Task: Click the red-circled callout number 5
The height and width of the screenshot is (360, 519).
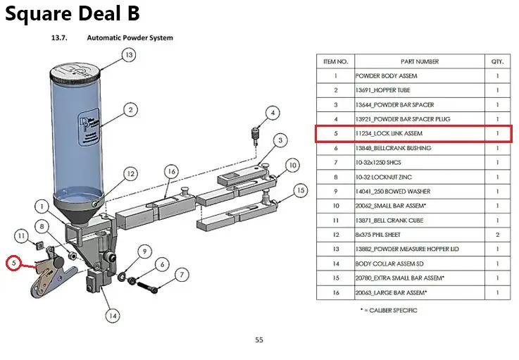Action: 13,263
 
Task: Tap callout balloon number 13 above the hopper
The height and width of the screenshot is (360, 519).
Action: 128,54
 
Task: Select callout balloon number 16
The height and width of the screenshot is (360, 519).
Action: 171,171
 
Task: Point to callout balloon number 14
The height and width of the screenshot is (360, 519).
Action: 112,316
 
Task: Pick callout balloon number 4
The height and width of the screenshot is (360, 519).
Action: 273,112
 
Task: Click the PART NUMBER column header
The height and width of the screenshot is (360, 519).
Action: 420,61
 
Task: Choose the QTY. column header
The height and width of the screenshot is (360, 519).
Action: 497,61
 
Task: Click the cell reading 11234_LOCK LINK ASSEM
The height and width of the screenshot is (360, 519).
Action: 389,133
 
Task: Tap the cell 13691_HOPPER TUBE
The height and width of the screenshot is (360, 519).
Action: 382,90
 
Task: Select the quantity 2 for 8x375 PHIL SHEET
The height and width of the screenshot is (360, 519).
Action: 497,234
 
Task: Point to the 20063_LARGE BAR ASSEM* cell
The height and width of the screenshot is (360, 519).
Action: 391,292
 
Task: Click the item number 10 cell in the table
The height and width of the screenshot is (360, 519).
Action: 336,205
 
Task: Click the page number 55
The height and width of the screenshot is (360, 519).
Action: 259,340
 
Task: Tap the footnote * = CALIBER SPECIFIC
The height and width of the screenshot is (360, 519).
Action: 388,310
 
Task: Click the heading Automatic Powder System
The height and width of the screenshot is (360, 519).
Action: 130,37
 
